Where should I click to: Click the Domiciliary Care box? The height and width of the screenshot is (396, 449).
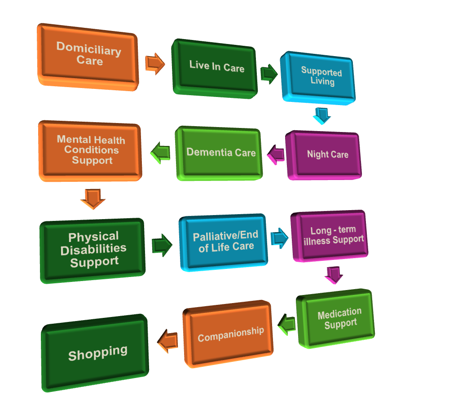click(88, 55)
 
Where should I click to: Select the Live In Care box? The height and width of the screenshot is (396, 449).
click(216, 67)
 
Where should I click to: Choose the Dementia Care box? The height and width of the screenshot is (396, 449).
click(220, 152)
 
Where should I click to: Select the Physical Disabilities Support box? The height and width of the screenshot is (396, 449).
click(93, 250)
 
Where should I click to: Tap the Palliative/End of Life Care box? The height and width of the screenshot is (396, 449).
click(224, 242)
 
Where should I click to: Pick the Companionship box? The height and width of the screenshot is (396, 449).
click(229, 334)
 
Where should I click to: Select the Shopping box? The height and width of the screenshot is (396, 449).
click(97, 352)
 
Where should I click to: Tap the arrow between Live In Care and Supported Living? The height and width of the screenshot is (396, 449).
click(269, 74)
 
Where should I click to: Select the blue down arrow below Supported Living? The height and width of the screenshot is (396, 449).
click(321, 115)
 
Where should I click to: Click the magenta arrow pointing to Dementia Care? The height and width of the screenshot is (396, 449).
click(276, 154)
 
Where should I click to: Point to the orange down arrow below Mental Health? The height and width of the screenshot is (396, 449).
click(92, 198)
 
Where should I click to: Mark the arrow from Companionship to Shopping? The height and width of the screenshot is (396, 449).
click(168, 341)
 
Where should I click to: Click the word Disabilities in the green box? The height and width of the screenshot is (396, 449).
click(93, 250)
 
